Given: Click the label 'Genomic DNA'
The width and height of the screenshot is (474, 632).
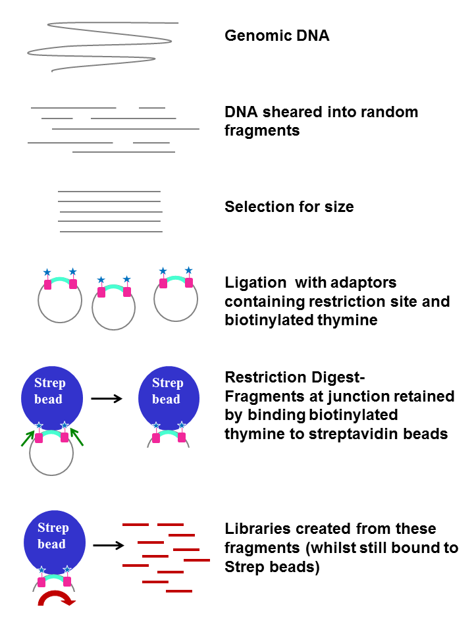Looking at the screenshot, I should tap(276, 36).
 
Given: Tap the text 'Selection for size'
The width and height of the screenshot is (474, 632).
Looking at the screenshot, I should tap(289, 207).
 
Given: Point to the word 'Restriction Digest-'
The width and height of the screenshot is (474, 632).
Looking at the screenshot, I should tap(294, 378).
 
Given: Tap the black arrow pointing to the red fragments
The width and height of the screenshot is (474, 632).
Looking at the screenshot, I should tap(109, 545).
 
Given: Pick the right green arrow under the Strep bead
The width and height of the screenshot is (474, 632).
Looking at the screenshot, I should tap(78, 436).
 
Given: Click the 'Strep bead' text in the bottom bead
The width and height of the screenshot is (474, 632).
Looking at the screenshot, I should tap(53, 536).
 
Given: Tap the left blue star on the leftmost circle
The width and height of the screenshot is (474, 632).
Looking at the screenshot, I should tap(47, 272).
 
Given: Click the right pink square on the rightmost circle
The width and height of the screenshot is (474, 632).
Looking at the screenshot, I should tap(189, 283).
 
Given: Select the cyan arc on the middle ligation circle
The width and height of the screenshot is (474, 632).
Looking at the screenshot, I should tap(114, 288).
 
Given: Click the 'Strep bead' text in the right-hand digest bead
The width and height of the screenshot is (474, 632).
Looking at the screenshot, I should tap(167, 391).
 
